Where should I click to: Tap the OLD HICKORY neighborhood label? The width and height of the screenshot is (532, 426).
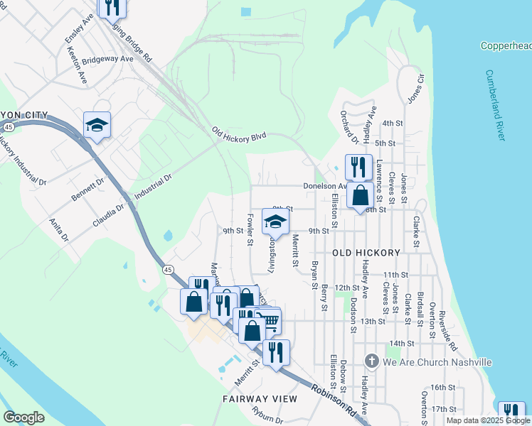pyautogui.click(x=366, y=253)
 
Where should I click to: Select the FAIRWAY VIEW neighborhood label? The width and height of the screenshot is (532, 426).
pyautogui.click(x=259, y=399)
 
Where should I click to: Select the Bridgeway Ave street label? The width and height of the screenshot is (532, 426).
pyautogui.click(x=107, y=60)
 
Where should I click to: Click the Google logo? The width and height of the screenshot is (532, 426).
pyautogui.click(x=23, y=417)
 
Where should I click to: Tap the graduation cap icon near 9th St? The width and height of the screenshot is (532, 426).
pyautogui.click(x=275, y=222)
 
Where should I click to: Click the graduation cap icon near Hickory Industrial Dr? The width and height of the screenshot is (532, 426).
pyautogui.click(x=97, y=126)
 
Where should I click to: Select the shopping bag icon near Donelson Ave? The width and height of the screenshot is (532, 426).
pyautogui.click(x=361, y=195)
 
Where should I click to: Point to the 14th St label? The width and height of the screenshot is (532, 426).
pyautogui.click(x=401, y=343)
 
